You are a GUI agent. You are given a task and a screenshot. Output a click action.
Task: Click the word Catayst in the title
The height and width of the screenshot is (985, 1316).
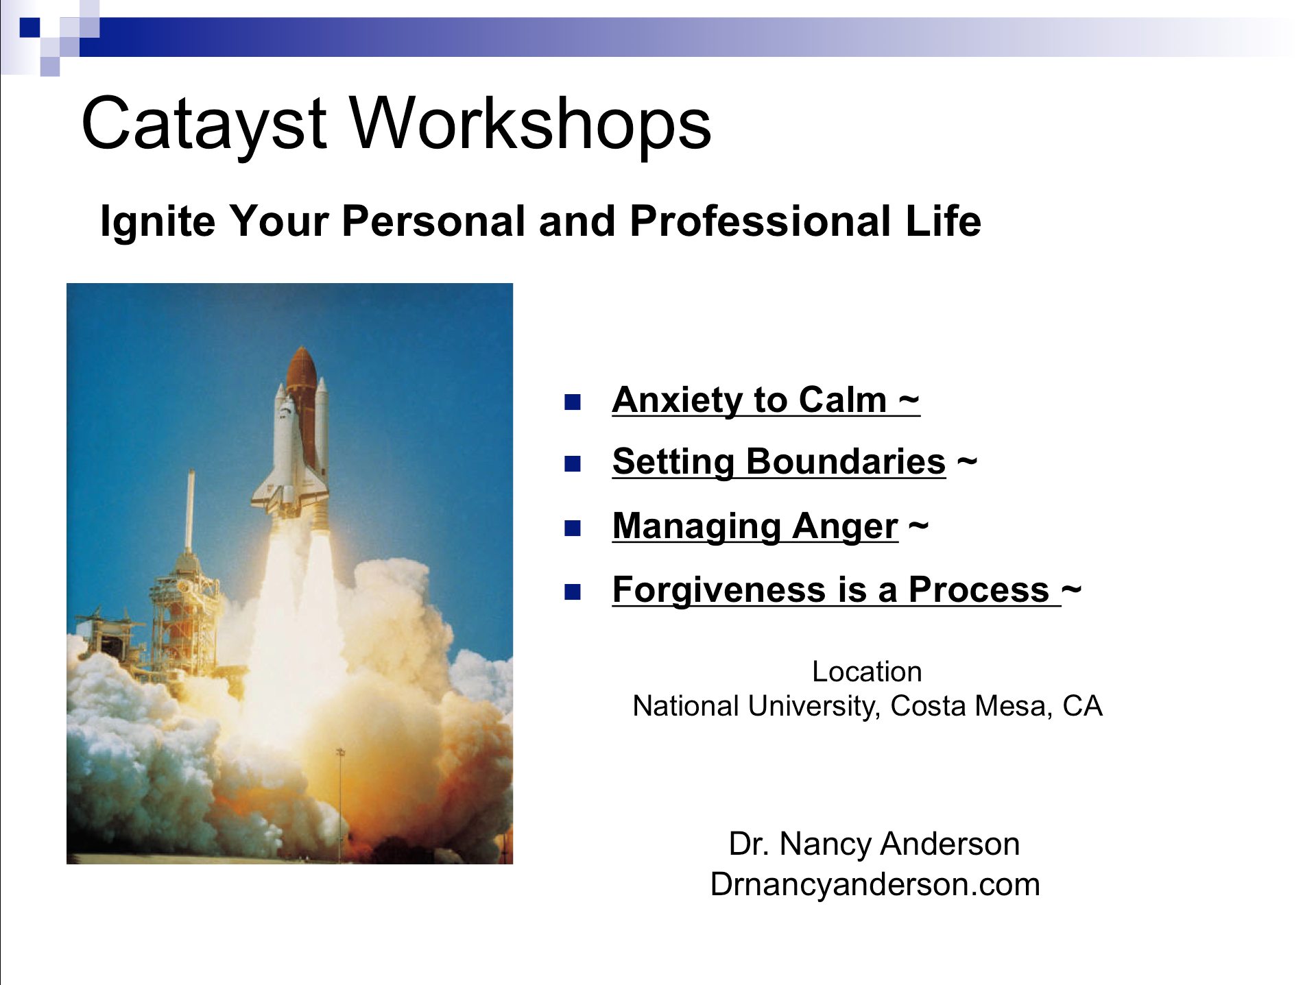[204, 125]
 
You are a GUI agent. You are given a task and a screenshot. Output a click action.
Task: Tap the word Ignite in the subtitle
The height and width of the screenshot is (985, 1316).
[158, 222]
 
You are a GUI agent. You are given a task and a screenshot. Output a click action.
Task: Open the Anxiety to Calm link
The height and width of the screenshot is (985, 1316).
[766, 400]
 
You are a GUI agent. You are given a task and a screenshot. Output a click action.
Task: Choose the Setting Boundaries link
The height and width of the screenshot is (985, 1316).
[779, 462]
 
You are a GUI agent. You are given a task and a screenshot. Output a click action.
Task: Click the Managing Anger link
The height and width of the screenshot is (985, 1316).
[755, 526]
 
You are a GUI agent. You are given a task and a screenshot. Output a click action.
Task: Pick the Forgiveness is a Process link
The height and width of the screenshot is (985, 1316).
[837, 589]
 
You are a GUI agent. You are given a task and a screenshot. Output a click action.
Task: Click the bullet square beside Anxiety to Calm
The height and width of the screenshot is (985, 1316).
[573, 402]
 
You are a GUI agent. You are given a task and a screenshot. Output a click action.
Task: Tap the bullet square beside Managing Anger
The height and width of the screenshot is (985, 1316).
[573, 528]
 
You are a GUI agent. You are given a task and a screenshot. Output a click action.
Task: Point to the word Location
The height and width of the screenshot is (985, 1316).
[867, 672]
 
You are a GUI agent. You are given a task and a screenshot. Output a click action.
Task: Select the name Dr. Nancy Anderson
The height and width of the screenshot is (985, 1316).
[874, 844]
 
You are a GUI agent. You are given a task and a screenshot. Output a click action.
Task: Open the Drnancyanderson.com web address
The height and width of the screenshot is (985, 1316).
[875, 884]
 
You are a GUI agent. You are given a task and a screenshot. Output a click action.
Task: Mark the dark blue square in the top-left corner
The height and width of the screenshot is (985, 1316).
[30, 27]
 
